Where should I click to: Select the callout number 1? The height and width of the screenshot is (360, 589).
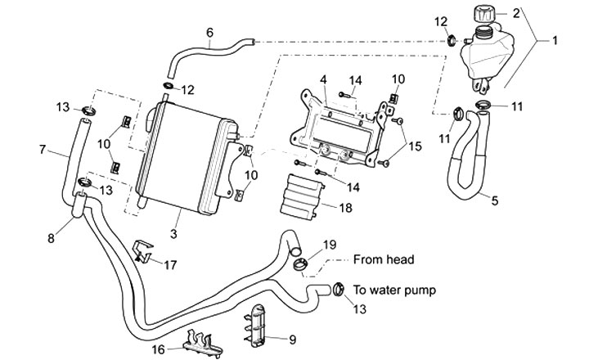[555, 38]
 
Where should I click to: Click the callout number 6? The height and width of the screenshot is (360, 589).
[209, 33]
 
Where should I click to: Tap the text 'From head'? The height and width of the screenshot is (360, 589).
[384, 259]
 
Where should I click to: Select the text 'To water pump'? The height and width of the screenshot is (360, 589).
[402, 290]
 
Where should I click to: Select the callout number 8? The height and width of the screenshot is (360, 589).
[52, 238]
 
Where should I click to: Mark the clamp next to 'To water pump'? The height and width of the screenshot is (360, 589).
[335, 288]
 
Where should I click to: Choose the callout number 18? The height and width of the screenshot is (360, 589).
[345, 209]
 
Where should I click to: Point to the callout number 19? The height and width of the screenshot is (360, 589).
[329, 245]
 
